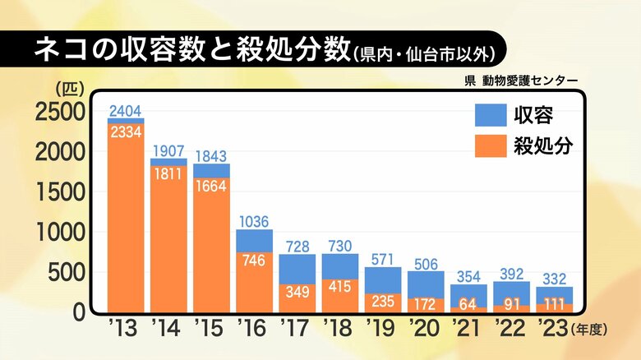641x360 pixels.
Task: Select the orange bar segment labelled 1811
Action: [x=168, y=238]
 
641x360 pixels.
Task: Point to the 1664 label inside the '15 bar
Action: [x=211, y=185]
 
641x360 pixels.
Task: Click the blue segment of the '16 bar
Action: [x=254, y=240]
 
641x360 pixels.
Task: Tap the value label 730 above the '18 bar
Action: [x=339, y=245]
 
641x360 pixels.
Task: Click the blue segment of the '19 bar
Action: [x=382, y=279]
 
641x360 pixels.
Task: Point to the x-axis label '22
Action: [x=510, y=330]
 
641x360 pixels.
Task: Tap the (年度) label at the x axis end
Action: [x=590, y=330]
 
